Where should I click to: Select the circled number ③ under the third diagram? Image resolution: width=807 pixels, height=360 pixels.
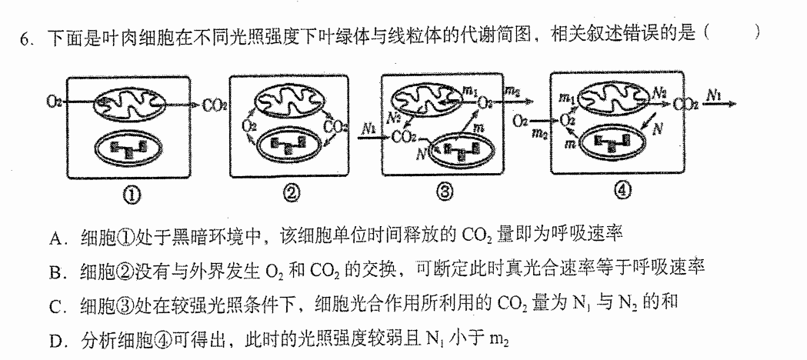click(444, 192)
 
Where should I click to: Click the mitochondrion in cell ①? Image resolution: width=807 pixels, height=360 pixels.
click(129, 103)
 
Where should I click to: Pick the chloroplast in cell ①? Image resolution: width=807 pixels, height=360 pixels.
click(131, 150)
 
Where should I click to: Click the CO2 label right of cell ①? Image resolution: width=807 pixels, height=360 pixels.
click(215, 106)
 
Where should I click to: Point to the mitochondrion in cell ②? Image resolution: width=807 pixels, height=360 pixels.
click(289, 100)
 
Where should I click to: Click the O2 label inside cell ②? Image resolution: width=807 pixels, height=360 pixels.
click(249, 125)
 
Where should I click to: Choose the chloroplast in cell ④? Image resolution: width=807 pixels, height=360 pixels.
click(612, 141)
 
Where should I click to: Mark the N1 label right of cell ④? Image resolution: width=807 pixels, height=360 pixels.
click(715, 93)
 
